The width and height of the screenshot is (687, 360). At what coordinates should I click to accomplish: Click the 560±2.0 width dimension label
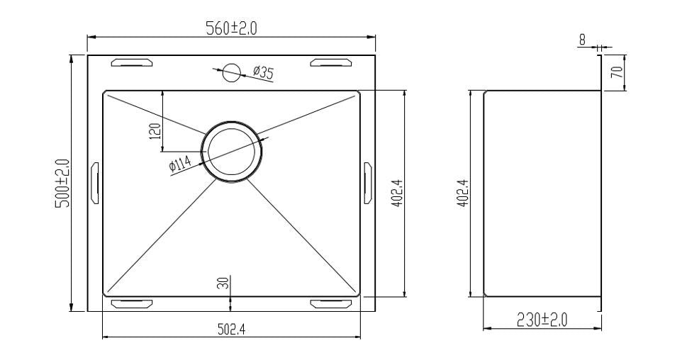[x=232, y=28]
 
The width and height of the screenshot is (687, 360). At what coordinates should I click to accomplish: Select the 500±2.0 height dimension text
[x=62, y=183]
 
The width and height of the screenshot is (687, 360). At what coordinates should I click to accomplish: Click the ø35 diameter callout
[x=263, y=71]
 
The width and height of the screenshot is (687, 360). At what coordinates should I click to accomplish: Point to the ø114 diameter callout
[x=180, y=165]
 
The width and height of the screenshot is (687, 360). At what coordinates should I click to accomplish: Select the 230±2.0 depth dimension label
[x=542, y=320]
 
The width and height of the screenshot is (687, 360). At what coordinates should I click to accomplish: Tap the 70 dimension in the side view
[x=616, y=72]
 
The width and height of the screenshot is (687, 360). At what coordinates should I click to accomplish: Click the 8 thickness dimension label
[x=582, y=40]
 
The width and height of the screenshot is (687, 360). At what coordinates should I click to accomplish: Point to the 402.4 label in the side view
[x=462, y=193]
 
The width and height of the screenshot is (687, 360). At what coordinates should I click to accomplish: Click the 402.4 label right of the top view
[x=397, y=193]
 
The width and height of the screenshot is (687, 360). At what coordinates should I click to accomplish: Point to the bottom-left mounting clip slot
[x=132, y=303]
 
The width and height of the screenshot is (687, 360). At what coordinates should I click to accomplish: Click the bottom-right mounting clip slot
[x=330, y=303]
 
